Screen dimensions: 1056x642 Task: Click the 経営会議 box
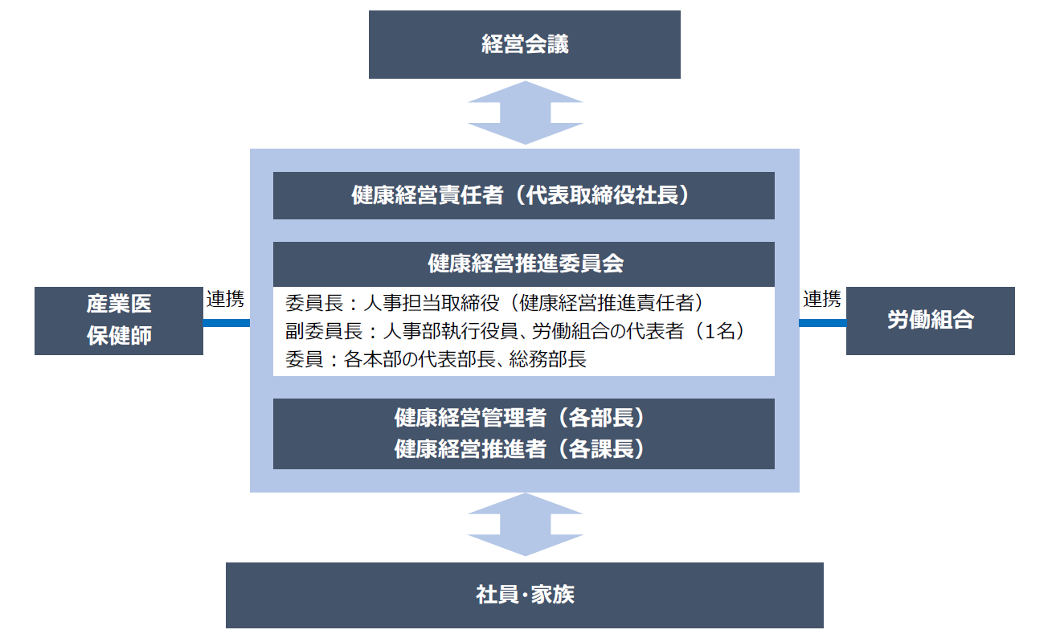tap(524, 44)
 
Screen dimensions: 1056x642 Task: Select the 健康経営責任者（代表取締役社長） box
tap(524, 195)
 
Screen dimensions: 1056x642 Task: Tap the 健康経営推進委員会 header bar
tap(524, 264)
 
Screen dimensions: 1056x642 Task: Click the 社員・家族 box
tap(524, 595)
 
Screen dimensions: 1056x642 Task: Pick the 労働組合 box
tap(930, 321)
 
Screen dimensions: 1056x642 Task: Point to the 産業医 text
tap(119, 304)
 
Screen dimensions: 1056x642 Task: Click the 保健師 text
tap(119, 336)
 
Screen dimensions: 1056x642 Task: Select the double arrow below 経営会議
tap(525, 112)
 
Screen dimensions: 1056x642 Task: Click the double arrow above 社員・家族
tap(525, 525)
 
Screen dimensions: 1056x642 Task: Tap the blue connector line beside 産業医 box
tap(227, 323)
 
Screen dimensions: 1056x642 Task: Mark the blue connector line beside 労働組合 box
tap(823, 323)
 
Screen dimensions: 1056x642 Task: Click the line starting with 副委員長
tap(515, 331)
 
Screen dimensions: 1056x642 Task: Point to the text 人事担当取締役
tap(432, 303)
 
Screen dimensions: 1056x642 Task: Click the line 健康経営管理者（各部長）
tap(519, 418)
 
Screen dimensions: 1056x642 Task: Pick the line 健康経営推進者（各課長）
tap(519, 449)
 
